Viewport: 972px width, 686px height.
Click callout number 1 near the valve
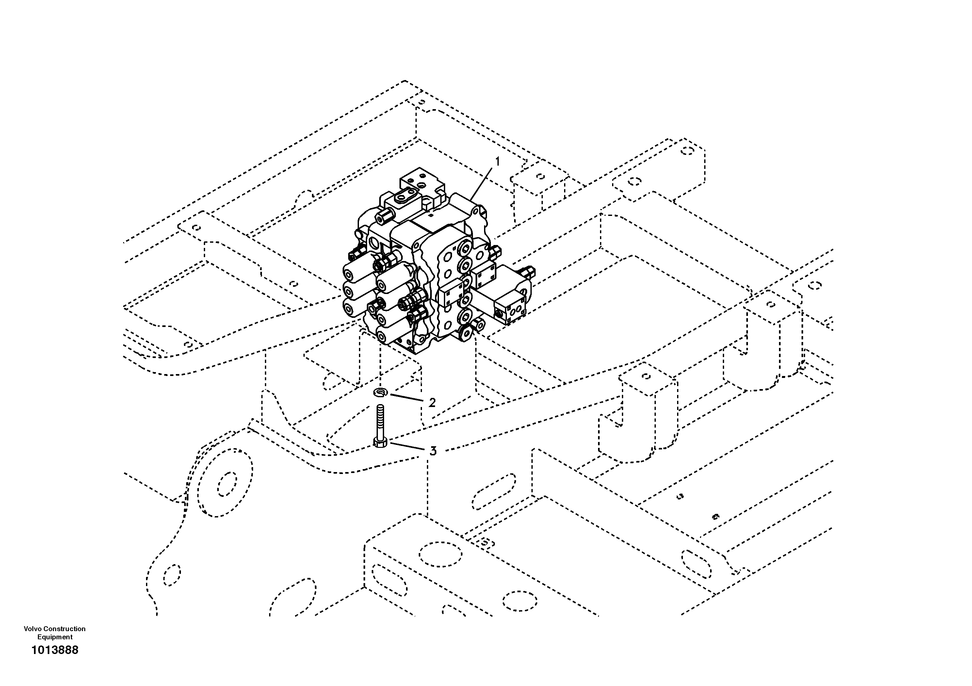[498, 162]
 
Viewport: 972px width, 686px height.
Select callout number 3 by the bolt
[433, 451]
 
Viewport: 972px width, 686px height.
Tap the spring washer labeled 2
[381, 393]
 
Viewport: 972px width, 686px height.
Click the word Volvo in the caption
[33, 629]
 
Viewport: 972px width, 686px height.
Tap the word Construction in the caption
[64, 629]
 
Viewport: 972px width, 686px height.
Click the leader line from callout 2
[406, 398]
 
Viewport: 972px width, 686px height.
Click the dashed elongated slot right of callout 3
[494, 492]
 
